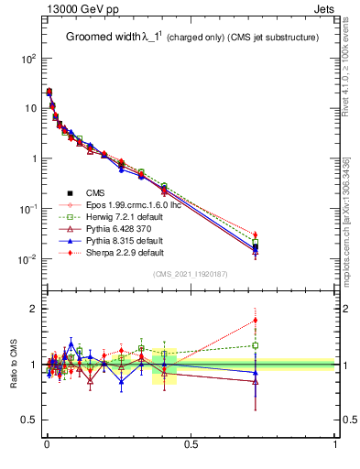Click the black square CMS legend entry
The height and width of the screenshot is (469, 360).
coord(95,192)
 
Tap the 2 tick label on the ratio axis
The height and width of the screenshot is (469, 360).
coord(33,309)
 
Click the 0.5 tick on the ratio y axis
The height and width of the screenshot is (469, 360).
coord(28,420)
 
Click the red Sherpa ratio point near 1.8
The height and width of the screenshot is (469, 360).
coord(256,320)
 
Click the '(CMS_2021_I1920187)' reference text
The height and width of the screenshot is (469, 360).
coord(191,274)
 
